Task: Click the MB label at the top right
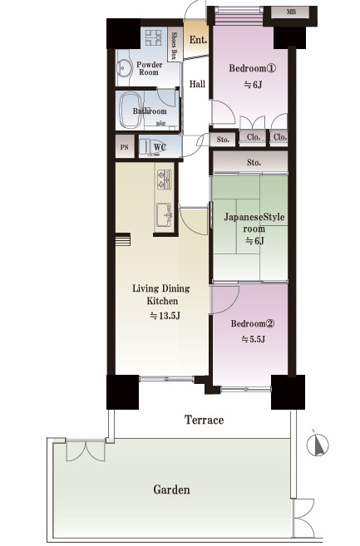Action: pos(291,12)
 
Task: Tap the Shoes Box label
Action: pos(175,46)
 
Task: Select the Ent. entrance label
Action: pos(198,40)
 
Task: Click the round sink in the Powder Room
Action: pos(124,67)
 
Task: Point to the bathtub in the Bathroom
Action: pos(131,111)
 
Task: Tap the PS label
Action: pos(125,147)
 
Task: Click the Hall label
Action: pos(197,84)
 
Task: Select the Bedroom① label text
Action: pos(252,68)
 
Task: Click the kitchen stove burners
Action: pos(164,180)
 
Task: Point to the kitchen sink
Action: pos(164,215)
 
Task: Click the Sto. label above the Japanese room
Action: pos(254,163)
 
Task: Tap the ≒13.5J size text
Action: pos(165,316)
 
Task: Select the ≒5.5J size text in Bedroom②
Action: pos(254,339)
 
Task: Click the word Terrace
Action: pos(205,420)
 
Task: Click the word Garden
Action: pos(171,490)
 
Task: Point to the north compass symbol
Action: pos(318,445)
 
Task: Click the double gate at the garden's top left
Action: pos(86,451)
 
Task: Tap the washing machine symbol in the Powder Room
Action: pos(153,37)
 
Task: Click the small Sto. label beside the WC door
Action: pos(223,140)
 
